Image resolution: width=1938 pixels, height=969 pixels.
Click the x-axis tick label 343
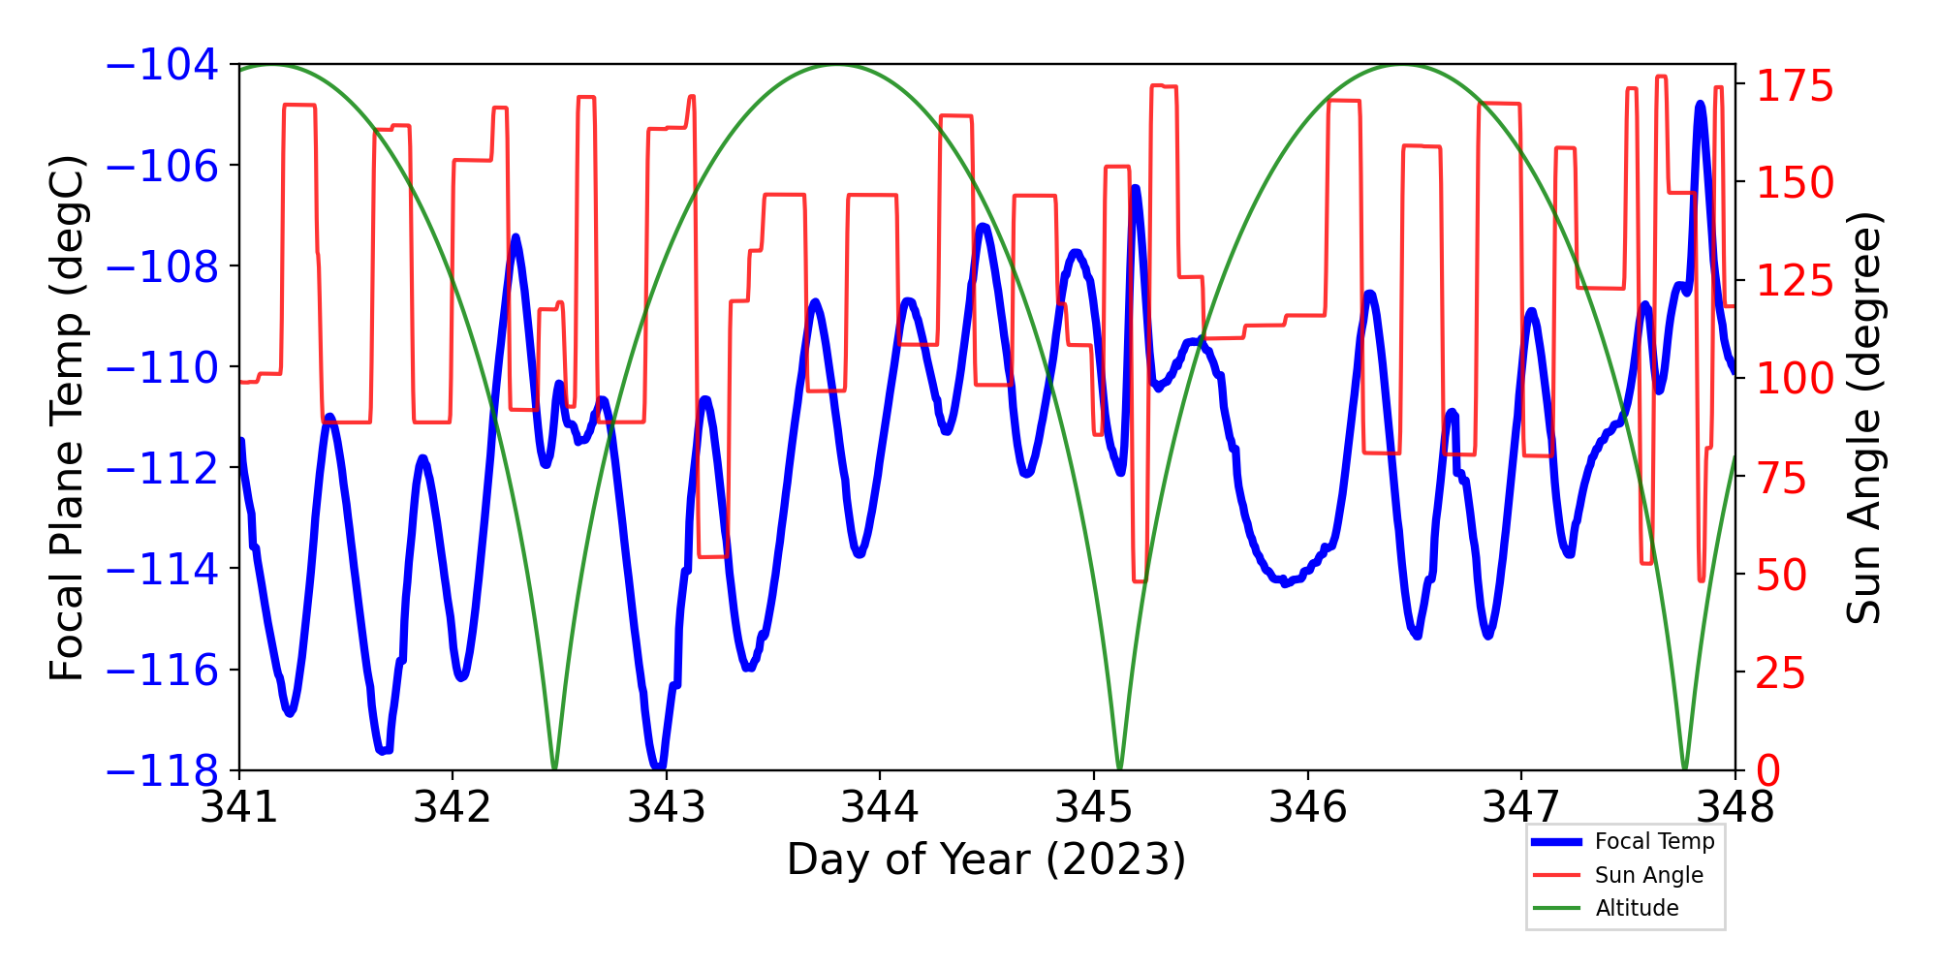tap(666, 806)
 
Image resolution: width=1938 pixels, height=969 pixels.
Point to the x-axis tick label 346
tap(1307, 806)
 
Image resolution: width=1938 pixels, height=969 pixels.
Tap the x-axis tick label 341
tap(238, 806)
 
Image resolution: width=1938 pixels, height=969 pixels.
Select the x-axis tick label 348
tap(1735, 806)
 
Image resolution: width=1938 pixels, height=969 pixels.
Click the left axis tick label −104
tap(162, 65)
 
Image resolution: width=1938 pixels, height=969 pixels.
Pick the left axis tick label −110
tap(162, 368)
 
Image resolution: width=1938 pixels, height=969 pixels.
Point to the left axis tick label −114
tap(162, 570)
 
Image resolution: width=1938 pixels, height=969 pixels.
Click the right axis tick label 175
tap(1796, 86)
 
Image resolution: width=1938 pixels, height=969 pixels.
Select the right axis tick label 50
tap(1782, 576)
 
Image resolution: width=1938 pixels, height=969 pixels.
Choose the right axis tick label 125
tap(1796, 282)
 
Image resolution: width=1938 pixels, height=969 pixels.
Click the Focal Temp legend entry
tap(1654, 841)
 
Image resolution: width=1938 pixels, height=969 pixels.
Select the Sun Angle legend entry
tap(1648, 875)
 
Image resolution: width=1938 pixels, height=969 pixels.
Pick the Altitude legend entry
tap(1637, 908)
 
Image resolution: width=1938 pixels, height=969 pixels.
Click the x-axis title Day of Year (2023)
tap(985, 860)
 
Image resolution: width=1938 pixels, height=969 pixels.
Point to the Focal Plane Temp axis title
tap(68, 418)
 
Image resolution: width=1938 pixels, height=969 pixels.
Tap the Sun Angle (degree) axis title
tap(1862, 418)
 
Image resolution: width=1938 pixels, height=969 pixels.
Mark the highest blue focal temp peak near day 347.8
tap(1700, 104)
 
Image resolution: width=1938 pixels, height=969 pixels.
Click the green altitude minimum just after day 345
tap(1119, 767)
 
